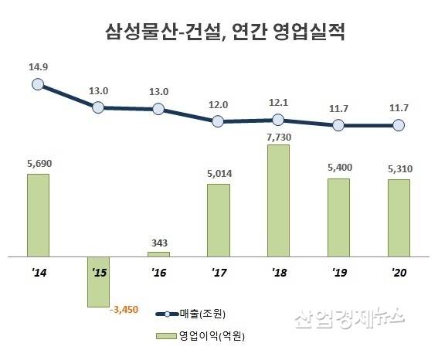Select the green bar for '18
279,200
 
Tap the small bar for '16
158,253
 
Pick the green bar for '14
38,215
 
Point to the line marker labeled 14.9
38,85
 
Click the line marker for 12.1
279,120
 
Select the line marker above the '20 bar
399,125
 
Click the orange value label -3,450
124,310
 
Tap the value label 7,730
279,137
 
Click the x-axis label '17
219,273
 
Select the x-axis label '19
338,273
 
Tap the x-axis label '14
38,273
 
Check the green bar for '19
338,217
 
